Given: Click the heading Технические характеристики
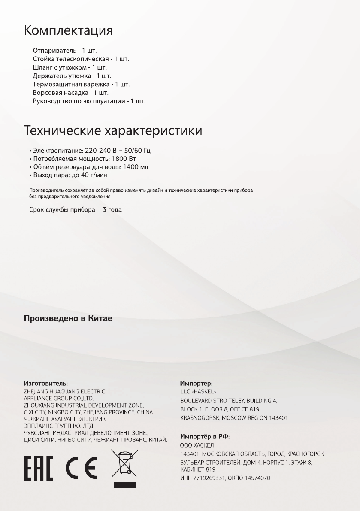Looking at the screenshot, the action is click(x=113, y=130).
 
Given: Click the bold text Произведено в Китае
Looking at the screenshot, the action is click(x=68, y=319).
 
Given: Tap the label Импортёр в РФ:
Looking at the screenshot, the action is click(x=205, y=436).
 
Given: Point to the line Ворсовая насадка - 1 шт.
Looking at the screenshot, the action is click(x=71, y=93).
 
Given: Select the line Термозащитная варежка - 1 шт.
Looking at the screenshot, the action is click(x=81, y=84).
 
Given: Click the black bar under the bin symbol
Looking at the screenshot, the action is click(x=124, y=485).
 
